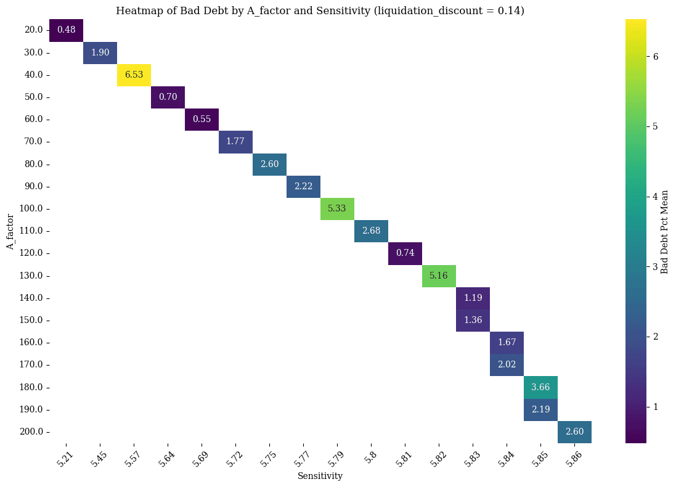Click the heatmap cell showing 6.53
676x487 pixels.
(134, 75)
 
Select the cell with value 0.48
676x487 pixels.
(66, 30)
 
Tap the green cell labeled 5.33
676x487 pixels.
(337, 208)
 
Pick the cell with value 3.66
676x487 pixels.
(540, 387)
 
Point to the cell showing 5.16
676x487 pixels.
(439, 276)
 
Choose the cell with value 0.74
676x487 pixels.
(405, 253)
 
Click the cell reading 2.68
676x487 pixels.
(371, 231)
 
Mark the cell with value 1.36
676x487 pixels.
(473, 320)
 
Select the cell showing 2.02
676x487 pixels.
(507, 364)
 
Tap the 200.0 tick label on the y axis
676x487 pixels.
(32, 432)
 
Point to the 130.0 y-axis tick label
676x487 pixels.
(32, 276)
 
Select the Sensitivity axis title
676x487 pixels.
(320, 476)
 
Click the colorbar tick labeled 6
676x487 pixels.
(655, 56)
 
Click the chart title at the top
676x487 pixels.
(320, 10)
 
